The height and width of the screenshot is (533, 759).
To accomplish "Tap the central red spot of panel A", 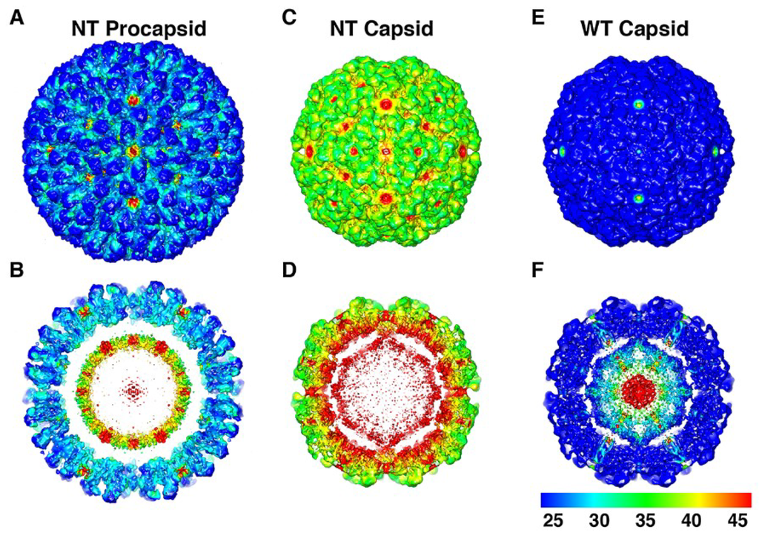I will tap(133, 150).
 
